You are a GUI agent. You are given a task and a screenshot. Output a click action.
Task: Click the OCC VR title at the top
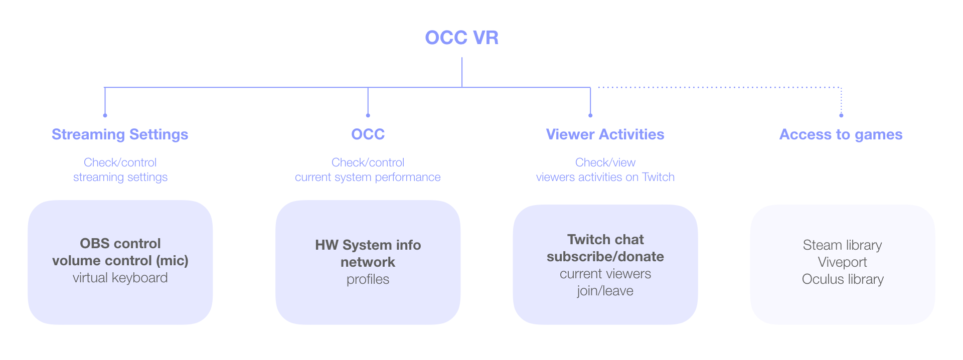click(x=461, y=38)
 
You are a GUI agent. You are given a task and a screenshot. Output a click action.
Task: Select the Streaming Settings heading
click(x=120, y=134)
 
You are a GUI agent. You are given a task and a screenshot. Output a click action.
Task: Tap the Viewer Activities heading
click(x=605, y=134)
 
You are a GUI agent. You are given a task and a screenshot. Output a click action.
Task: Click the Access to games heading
click(x=841, y=134)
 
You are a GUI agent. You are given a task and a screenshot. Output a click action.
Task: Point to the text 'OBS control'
click(x=120, y=244)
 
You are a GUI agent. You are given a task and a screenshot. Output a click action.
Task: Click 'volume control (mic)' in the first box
click(x=120, y=261)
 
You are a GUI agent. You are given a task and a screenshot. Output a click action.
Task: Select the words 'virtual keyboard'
click(x=120, y=278)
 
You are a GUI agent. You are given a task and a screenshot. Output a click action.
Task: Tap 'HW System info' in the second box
click(x=368, y=245)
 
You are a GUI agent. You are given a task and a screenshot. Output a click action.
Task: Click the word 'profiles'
click(x=368, y=279)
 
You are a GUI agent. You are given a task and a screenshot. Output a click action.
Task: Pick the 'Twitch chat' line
click(x=605, y=240)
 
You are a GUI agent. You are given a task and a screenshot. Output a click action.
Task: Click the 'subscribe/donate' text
click(x=605, y=257)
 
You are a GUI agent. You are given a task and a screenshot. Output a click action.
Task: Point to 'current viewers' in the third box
click(x=605, y=274)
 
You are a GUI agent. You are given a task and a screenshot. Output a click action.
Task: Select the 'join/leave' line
click(x=605, y=291)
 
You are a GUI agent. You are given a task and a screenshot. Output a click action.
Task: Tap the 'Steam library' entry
click(x=843, y=245)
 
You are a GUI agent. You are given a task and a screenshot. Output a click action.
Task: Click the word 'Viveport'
click(x=843, y=262)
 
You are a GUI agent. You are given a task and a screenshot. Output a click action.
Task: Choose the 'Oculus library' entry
click(x=843, y=279)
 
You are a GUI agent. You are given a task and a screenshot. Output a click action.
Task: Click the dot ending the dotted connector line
click(x=841, y=115)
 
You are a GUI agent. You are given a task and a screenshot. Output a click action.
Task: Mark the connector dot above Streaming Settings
click(x=105, y=115)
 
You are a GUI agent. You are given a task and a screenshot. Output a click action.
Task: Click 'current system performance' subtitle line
click(x=368, y=177)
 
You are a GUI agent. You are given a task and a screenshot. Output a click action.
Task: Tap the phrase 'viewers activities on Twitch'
click(x=605, y=177)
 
